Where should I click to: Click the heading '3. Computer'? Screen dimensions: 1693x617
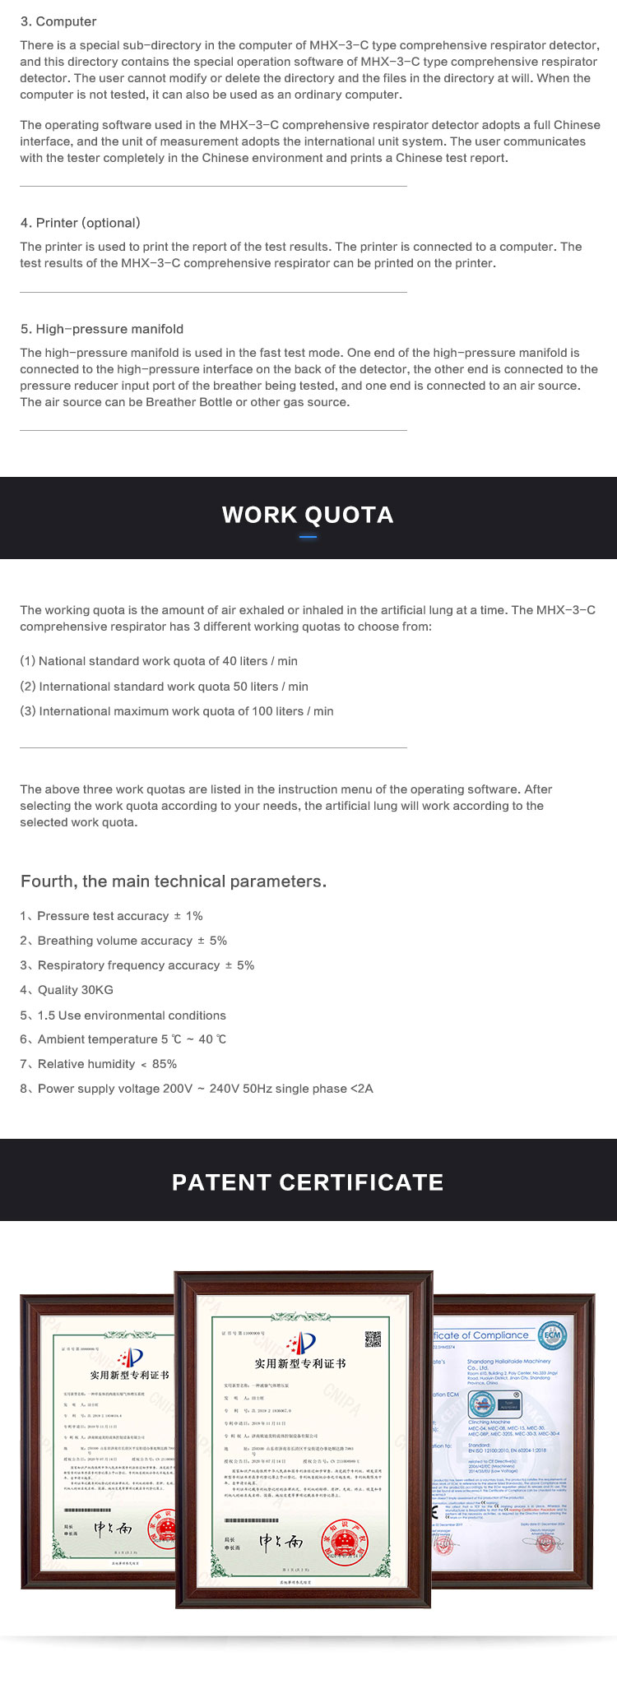coord(58,21)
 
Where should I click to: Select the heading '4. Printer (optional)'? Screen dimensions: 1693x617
coord(80,223)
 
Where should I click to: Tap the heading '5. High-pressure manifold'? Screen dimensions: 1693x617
coord(102,329)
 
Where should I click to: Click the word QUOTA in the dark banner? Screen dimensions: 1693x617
coord(350,515)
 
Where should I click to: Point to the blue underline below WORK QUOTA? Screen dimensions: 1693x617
coord(308,537)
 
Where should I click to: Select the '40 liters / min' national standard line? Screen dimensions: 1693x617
coord(159,661)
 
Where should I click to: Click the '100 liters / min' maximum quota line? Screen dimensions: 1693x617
coord(177,711)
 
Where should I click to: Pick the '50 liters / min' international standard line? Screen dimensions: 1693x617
coord(165,687)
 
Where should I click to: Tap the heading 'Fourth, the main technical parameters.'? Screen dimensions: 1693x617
coord(174,881)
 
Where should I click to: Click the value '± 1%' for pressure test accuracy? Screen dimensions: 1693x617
coord(188,916)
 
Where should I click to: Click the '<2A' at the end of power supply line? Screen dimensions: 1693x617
coord(362,1089)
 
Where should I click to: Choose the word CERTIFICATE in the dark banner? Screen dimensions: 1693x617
coord(361,1182)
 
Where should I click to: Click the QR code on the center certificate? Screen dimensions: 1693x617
coord(373,1339)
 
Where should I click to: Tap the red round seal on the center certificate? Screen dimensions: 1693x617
coord(344,1540)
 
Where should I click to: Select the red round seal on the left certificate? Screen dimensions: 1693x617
coord(165,1529)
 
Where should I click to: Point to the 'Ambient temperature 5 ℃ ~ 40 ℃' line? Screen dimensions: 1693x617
coord(123,1039)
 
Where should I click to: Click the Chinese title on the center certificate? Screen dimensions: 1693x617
coord(299,1363)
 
